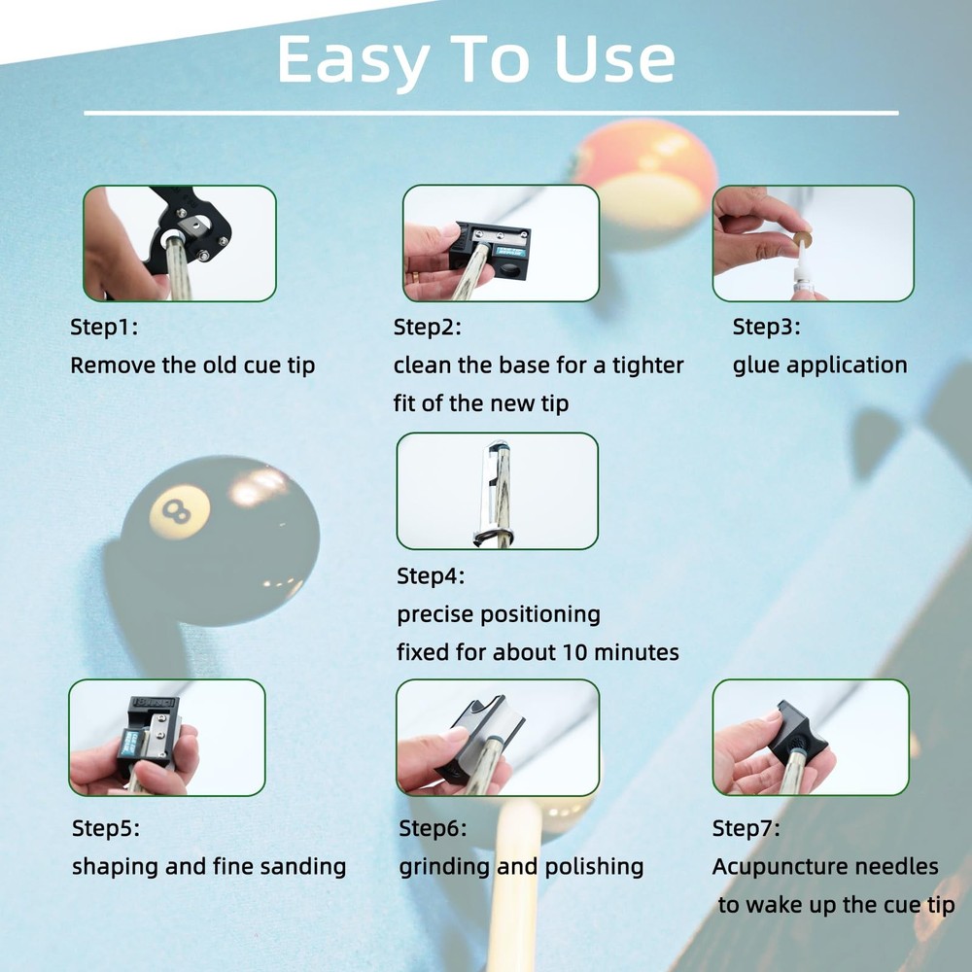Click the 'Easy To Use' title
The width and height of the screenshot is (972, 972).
click(475, 60)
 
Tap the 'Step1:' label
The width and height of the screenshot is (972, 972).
click(104, 327)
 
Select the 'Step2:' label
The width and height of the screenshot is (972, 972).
click(428, 327)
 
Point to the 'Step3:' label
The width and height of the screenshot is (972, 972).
click(767, 326)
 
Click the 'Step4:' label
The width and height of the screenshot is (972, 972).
click(431, 575)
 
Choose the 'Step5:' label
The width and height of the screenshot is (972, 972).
click(106, 828)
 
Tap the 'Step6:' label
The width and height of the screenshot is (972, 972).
click(433, 828)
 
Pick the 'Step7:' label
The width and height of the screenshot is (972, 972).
click(746, 828)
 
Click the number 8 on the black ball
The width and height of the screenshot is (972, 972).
click(176, 512)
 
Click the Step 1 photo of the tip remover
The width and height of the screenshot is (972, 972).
click(180, 243)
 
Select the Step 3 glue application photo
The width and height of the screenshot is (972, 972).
click(814, 243)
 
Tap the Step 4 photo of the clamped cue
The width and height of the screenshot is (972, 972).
click(497, 491)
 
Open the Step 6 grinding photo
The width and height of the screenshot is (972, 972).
click(498, 738)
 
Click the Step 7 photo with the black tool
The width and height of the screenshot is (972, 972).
click(811, 738)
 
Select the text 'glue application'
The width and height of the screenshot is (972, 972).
click(820, 365)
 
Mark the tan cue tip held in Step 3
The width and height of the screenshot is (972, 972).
click(802, 239)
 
